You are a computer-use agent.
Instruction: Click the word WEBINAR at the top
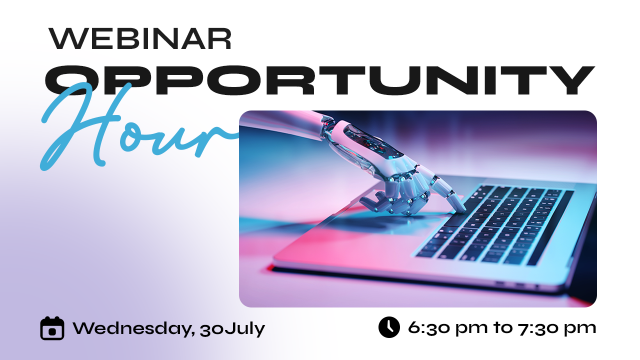[x=139, y=38]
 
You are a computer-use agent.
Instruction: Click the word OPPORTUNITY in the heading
[x=319, y=80]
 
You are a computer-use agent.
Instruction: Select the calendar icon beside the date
[x=52, y=328]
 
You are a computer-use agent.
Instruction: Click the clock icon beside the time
[x=389, y=327]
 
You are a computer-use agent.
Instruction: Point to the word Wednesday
[x=132, y=328]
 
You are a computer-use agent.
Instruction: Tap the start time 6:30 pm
[x=447, y=328]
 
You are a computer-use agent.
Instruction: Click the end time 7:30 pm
[x=557, y=328]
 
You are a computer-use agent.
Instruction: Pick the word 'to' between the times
[x=503, y=328]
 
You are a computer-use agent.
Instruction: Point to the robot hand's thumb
[x=371, y=200]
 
